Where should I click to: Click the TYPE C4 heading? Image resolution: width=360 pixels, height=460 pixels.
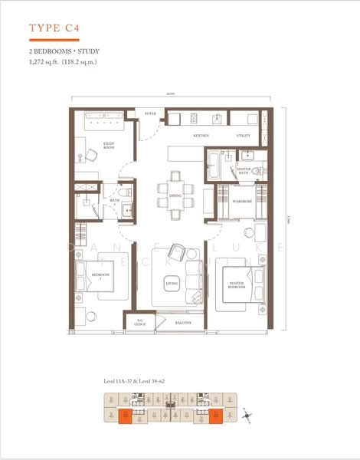click(x=55, y=29)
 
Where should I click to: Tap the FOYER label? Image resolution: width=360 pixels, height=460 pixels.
click(x=150, y=115)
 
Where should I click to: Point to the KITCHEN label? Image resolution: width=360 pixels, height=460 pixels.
click(x=201, y=135)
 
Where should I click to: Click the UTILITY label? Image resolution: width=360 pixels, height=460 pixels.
click(x=244, y=135)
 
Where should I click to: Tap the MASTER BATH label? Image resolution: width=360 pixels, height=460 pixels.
click(x=244, y=170)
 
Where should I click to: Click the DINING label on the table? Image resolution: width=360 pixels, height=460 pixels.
click(x=175, y=195)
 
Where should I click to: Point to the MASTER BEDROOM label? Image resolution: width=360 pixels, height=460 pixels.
click(x=237, y=285)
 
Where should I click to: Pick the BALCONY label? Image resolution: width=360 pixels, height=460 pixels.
click(x=182, y=323)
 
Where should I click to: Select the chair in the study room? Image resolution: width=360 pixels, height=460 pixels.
click(x=90, y=154)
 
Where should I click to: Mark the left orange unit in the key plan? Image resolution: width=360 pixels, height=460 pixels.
click(x=126, y=416)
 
